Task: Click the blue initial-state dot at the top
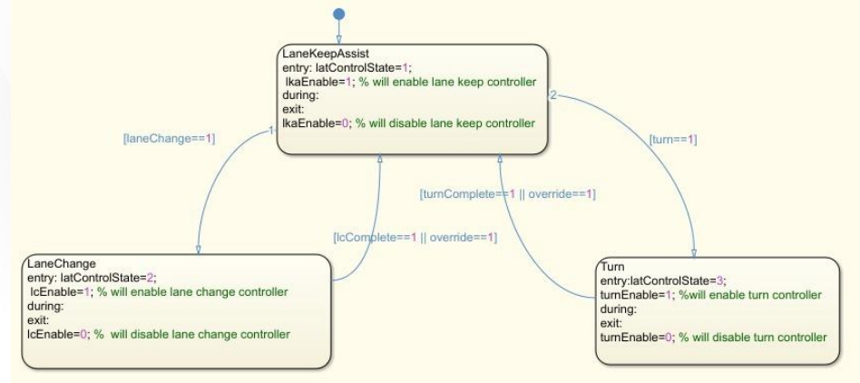339,14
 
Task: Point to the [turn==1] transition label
673,140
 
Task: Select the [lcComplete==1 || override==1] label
415,237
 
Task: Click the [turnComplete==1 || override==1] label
507,193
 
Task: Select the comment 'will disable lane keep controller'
449,123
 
